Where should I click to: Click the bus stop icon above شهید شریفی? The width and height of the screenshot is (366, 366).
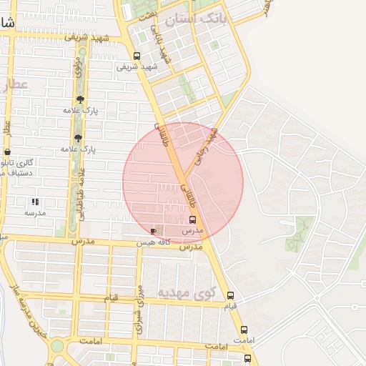[x=137, y=56]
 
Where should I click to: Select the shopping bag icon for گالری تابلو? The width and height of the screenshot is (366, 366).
[x=7, y=152]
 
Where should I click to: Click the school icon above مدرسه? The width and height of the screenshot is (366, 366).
[x=35, y=202]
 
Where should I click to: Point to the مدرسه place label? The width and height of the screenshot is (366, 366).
[x=35, y=213]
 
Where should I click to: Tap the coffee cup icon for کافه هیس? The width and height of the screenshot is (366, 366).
[x=154, y=231]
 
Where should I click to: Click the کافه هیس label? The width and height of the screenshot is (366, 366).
[x=153, y=243]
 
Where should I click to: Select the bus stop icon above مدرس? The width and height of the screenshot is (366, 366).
[x=192, y=220]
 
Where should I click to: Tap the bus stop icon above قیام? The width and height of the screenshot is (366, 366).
[x=230, y=295]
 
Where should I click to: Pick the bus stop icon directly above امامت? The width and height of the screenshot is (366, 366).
[x=244, y=330]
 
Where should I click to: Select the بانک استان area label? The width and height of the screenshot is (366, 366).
[x=195, y=19]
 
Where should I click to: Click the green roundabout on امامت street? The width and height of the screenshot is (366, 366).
[x=56, y=346]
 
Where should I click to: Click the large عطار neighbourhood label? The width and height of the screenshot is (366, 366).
[x=15, y=85]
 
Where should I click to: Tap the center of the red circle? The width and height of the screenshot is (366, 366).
[x=183, y=183]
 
